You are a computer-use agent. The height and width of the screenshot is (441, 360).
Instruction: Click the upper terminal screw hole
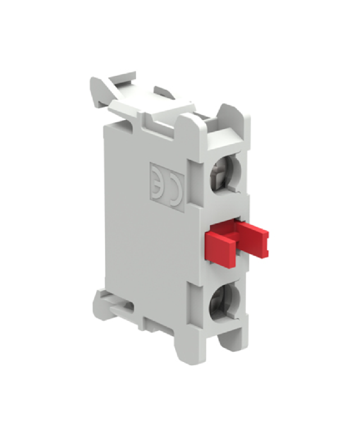pos(225,173)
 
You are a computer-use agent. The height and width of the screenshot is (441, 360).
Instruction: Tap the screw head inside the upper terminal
pos(220,173)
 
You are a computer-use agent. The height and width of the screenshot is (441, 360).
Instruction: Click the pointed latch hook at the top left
pos(98,90)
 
